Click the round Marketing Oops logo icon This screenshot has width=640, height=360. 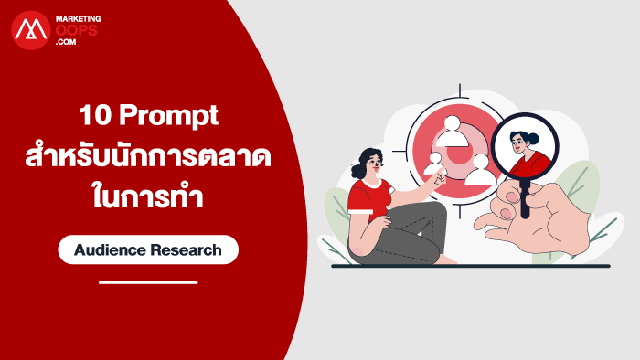(x=30, y=30)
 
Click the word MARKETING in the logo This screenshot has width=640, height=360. (x=79, y=19)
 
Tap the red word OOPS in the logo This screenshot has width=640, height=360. (x=76, y=30)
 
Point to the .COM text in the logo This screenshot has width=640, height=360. (x=66, y=42)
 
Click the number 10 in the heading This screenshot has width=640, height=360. (x=95, y=115)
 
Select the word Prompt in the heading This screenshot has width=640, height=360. (x=168, y=117)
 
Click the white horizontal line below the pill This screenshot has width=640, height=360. (x=148, y=282)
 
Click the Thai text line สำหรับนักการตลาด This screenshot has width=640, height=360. (x=148, y=155)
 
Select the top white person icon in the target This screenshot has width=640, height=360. (x=453, y=132)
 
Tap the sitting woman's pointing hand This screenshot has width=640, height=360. (x=439, y=176)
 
